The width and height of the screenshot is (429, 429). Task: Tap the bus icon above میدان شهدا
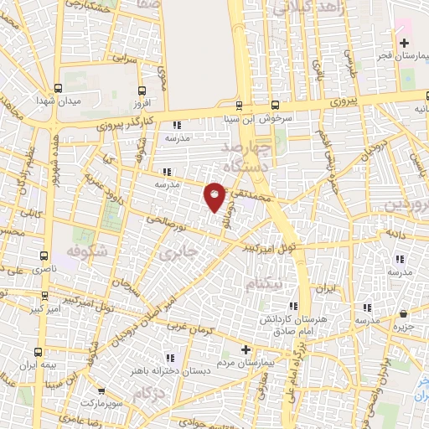click(59, 87)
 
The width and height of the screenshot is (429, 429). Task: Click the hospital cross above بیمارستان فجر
click(405, 43)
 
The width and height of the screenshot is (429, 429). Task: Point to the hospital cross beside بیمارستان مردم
click(245, 349)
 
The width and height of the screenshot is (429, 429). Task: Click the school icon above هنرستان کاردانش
click(292, 307)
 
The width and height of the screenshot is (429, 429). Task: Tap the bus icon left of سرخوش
click(239, 106)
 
